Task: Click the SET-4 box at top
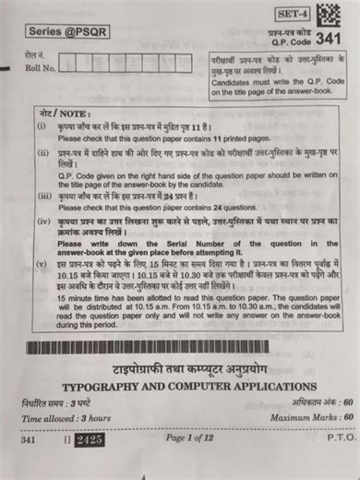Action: tap(294, 15)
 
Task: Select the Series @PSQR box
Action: tap(72, 32)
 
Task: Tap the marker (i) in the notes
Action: tap(42, 124)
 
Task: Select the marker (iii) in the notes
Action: tap(43, 197)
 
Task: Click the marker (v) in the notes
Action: tap(42, 263)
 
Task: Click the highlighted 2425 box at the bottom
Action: tap(90, 441)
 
